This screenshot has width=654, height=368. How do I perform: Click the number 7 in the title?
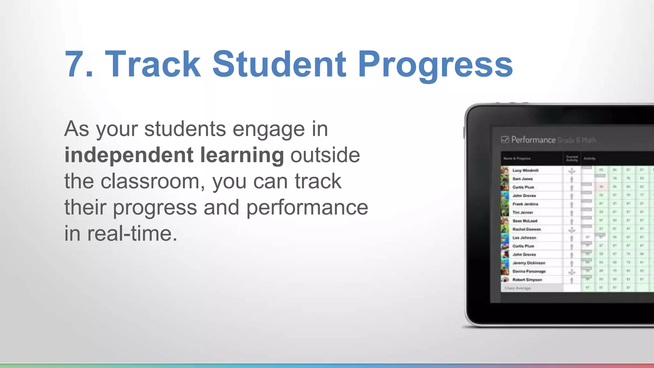click(75, 65)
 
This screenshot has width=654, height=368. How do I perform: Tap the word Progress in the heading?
click(435, 65)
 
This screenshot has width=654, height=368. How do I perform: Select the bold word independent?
click(129, 156)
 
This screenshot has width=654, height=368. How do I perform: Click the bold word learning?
click(242, 156)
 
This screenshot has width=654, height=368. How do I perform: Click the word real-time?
click(132, 234)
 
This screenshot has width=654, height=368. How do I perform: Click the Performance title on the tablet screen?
click(533, 140)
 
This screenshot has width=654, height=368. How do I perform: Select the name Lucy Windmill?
click(525, 171)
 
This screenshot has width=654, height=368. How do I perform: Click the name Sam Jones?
click(522, 179)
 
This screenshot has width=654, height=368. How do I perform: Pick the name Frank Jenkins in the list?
click(525, 204)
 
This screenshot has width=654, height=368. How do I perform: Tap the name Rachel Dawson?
click(527, 229)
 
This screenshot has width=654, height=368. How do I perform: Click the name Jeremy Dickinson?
click(529, 263)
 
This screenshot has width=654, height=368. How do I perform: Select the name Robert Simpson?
click(527, 280)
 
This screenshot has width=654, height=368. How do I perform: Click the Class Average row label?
click(518, 288)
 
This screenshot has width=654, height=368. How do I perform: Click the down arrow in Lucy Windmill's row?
click(572, 171)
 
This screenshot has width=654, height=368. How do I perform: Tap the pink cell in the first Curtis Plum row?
click(601, 187)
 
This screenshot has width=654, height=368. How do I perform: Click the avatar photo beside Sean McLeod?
click(505, 221)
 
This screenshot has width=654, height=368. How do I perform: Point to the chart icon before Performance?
click(505, 140)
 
